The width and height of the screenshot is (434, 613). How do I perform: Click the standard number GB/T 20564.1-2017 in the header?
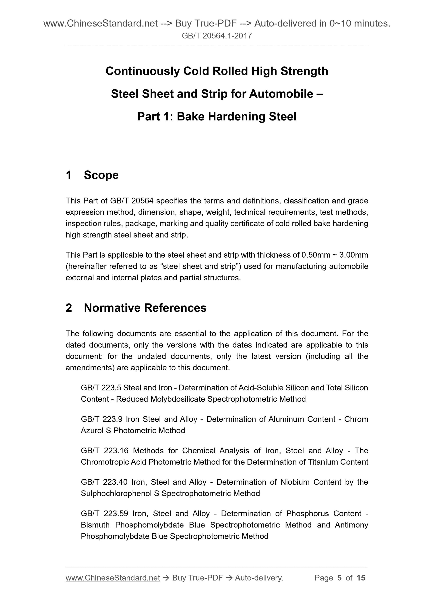pyautogui.click(x=217, y=36)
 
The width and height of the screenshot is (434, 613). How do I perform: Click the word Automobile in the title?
pyautogui.click(x=281, y=94)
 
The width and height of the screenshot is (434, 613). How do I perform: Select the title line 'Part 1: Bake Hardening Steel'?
pyautogui.click(x=217, y=117)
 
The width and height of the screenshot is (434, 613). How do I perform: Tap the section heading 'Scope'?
pyautogui.click(x=101, y=175)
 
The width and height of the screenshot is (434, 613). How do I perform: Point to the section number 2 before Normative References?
pyautogui.click(x=69, y=308)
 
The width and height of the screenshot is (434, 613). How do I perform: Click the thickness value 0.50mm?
pyautogui.click(x=316, y=255)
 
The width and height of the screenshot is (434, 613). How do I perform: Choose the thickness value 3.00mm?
pyautogui.click(x=353, y=255)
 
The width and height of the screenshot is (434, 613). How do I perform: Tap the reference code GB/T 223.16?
pyautogui.click(x=105, y=451)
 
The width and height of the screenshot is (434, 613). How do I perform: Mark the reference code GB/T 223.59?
pyautogui.click(x=105, y=514)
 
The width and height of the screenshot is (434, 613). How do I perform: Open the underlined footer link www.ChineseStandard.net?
pyautogui.click(x=113, y=578)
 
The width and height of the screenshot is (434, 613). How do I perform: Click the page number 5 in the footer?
pyautogui.click(x=339, y=578)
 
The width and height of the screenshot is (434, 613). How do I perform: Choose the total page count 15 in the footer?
pyautogui.click(x=361, y=578)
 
